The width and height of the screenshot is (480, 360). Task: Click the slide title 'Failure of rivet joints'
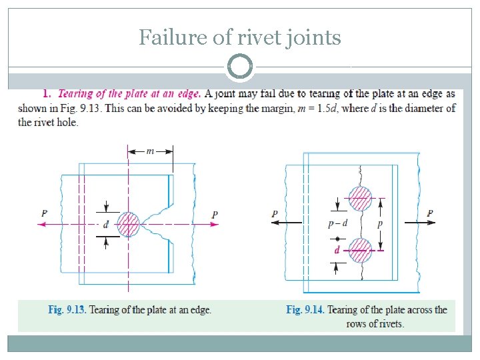[x=239, y=37]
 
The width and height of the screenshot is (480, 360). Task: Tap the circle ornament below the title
[x=240, y=67]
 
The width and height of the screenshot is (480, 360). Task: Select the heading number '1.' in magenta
[x=47, y=95]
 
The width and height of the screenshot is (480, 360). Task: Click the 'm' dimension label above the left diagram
[x=150, y=151]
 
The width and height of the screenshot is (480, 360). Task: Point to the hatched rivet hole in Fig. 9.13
[x=128, y=225]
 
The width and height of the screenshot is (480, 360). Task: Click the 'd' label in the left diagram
[x=106, y=225]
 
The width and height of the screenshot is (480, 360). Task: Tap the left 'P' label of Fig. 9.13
[x=44, y=213]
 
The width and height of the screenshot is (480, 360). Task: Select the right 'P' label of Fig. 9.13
[x=215, y=215]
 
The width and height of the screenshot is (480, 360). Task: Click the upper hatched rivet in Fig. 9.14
[x=361, y=197]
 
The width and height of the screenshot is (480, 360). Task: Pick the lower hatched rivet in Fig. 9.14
[x=361, y=251]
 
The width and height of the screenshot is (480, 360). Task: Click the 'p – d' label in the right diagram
[x=339, y=225]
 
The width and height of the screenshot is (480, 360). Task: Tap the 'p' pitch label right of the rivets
[x=380, y=225]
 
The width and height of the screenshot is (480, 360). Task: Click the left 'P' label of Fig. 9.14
[x=275, y=214]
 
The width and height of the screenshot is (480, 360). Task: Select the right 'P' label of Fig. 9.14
[x=430, y=214]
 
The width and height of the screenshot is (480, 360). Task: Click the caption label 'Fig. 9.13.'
[x=67, y=310]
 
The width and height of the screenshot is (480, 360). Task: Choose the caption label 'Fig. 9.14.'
[x=305, y=310]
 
